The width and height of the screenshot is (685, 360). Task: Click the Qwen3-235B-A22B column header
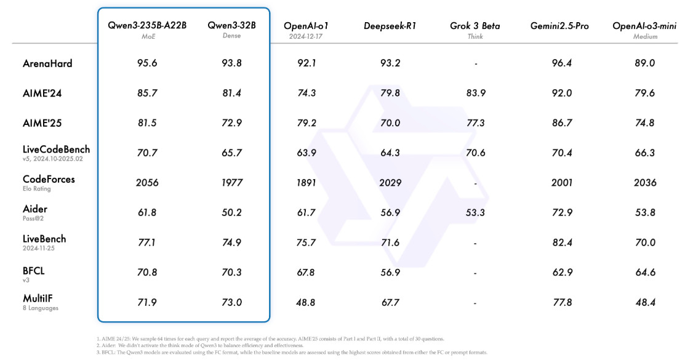coord(147,25)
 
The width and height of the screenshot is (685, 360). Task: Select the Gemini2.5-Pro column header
coord(559,26)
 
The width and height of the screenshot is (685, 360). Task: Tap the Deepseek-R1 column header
coord(390,26)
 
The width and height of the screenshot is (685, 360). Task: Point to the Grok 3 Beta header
coord(475,26)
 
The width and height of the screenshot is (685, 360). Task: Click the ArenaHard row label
coord(47,63)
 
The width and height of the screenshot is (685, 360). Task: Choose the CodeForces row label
coord(49,179)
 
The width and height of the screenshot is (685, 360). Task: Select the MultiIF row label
coord(38,298)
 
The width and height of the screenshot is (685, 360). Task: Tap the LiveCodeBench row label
coord(56,150)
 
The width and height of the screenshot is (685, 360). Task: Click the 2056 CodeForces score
coord(146,183)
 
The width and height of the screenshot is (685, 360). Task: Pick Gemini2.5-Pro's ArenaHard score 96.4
coord(561,63)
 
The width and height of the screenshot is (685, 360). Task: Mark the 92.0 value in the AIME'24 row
coord(561,93)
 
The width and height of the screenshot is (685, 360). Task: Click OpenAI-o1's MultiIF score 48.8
coord(305,302)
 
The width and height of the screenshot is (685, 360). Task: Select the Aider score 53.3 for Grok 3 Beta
coord(475,213)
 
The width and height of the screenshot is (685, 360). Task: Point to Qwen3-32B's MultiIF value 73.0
coord(231,302)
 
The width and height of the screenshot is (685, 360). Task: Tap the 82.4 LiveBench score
coord(562,242)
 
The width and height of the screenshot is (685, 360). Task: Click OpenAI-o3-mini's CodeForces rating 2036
coord(645,183)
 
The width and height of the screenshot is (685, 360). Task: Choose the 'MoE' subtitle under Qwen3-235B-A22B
coord(148,36)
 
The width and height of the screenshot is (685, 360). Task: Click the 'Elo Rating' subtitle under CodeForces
coord(37,189)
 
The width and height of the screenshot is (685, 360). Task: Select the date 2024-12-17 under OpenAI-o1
coord(306,36)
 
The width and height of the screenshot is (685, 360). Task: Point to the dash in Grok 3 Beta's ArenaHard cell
coord(476,64)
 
